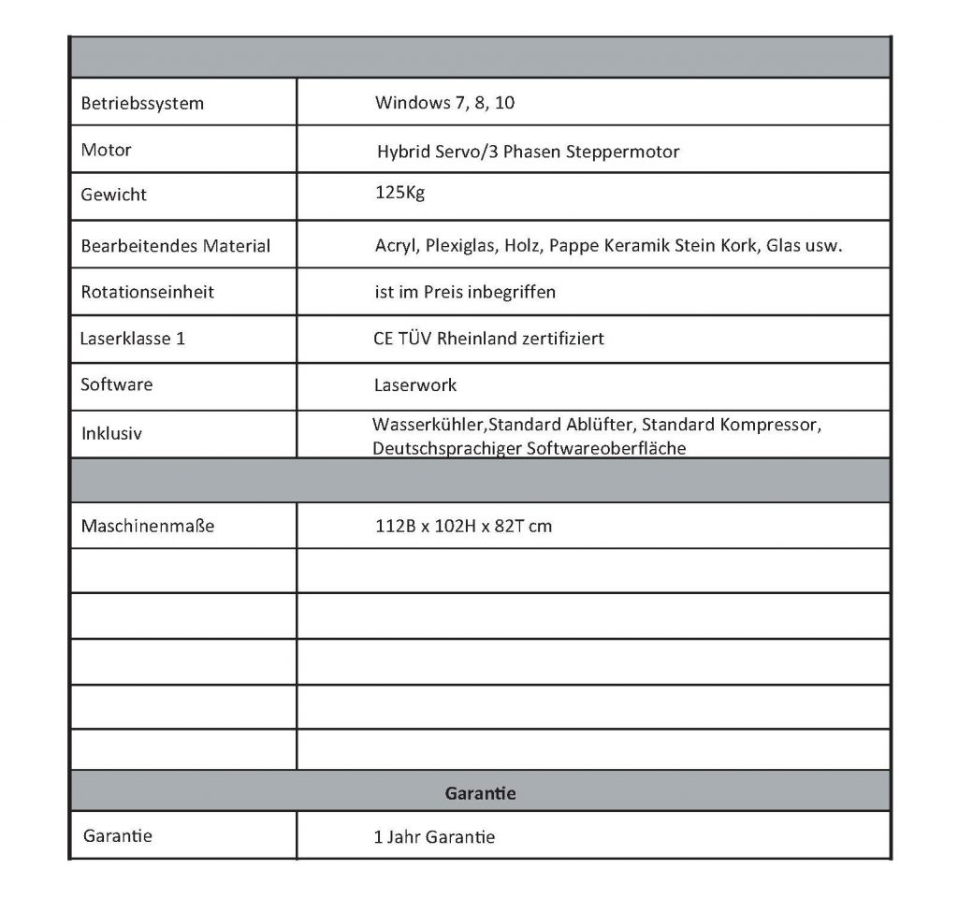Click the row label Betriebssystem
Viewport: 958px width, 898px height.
142,103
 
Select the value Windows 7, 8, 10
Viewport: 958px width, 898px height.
444,103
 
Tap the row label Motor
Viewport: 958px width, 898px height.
107,150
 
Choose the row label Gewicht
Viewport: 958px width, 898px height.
114,196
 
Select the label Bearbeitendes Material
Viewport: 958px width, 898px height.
176,247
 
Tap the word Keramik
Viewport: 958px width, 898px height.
639,247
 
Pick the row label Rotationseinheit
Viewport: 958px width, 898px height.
148,292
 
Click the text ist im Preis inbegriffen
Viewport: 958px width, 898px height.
465,292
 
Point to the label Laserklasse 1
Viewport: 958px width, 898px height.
133,338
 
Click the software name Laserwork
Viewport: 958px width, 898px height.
415,384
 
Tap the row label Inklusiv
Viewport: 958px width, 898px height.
112,434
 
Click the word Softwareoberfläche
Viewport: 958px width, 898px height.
606,448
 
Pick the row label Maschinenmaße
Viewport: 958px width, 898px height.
148,526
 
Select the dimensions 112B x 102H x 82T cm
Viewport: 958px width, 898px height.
463,526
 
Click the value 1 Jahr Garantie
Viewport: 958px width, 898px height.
434,837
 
